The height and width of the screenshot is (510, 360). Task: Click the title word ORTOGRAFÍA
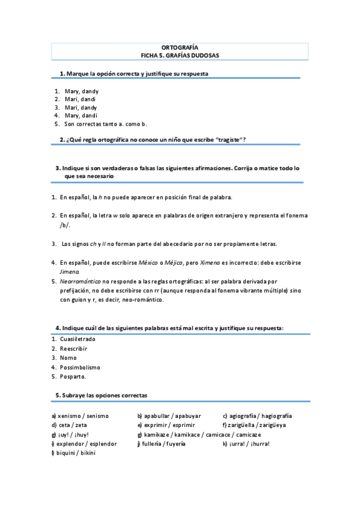point(180,47)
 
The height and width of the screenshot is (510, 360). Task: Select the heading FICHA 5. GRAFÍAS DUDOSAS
point(180,55)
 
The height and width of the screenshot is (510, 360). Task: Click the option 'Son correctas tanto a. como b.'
point(106,124)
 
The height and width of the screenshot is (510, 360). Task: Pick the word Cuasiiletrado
point(78,339)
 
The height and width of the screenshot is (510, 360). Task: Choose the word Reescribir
point(74,348)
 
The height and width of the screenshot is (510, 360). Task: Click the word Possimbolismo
point(80,367)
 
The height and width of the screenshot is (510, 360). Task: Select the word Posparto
point(73,376)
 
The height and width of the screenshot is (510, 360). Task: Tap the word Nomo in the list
point(68,358)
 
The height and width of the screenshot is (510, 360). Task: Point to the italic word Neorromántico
point(80,281)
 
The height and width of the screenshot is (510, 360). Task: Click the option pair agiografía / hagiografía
point(257,416)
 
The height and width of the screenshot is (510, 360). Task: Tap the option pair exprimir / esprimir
point(165,425)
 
